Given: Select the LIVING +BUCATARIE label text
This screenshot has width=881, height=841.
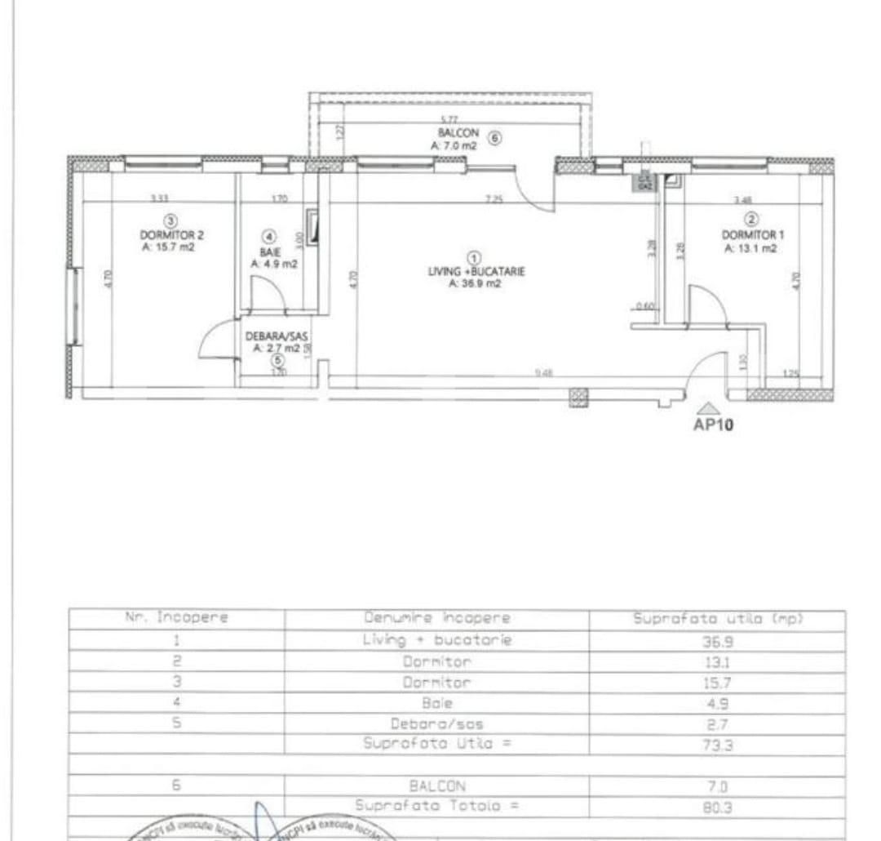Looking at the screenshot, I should point(476,272).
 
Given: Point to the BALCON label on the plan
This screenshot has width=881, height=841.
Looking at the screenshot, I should point(453,132).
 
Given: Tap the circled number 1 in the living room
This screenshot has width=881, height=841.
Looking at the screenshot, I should point(475,258).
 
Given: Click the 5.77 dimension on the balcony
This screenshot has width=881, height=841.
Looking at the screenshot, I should point(448,119).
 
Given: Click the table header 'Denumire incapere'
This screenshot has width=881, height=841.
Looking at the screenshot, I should point(436,619).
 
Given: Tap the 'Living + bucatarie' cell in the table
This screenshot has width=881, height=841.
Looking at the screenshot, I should point(436,640).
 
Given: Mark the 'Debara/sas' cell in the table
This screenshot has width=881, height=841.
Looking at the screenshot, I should point(436,723).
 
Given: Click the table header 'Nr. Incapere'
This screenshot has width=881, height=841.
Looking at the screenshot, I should point(176,619).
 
